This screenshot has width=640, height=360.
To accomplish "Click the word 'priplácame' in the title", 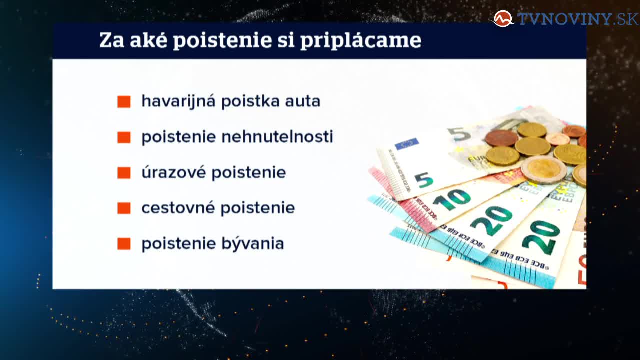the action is coord(361,41).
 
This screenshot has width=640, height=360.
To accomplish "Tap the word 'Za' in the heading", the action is coord(111,40).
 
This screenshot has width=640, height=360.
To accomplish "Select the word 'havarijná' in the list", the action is coord(178,101).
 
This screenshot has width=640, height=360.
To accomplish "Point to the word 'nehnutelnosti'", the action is coord(277,137).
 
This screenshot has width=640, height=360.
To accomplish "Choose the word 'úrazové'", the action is coord(173,172).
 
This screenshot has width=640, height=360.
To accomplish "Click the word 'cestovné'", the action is coord(178,207).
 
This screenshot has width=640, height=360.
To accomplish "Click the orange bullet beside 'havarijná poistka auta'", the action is coord(124,101).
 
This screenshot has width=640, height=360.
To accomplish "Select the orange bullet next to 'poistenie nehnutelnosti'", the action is coord(124,137).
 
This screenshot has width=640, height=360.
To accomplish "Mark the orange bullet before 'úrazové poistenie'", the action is coord(124,173).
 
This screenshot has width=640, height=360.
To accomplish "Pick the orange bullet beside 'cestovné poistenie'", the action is coord(124,208).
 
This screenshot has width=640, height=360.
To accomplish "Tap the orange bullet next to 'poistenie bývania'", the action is coord(124,244).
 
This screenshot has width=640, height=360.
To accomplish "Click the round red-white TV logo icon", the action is coord(503,19).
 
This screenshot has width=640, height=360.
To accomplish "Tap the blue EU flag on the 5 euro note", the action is coord(407,144).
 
